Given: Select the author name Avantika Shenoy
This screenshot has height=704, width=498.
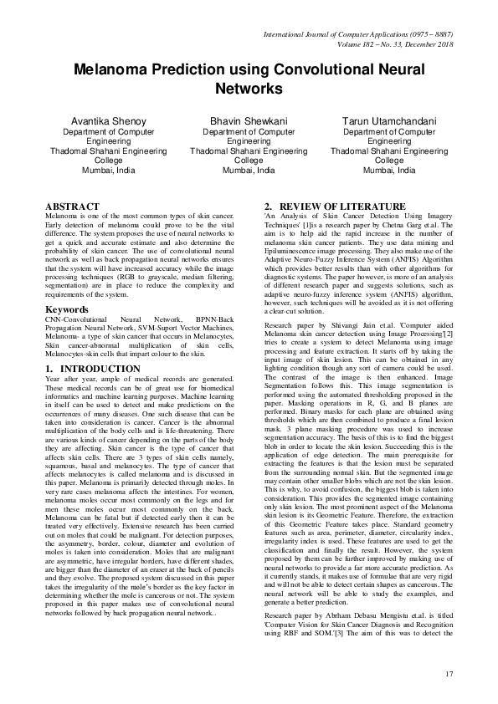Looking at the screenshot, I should [x=108, y=121].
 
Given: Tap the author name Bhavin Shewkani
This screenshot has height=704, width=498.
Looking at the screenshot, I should [x=249, y=121].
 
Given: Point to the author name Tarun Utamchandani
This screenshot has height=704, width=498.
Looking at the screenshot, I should [x=389, y=121].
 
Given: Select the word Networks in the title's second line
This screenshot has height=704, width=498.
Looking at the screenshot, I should [x=249, y=88].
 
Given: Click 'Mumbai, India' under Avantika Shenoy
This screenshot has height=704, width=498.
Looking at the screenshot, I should [x=108, y=170].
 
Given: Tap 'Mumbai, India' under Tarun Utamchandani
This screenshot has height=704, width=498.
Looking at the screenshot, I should [x=389, y=170].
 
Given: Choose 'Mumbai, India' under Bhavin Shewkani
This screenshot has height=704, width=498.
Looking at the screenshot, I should [x=249, y=170].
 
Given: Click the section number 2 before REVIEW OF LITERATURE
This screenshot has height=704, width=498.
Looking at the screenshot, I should [x=267, y=206].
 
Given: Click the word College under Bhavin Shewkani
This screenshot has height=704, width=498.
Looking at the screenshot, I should [x=249, y=160].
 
